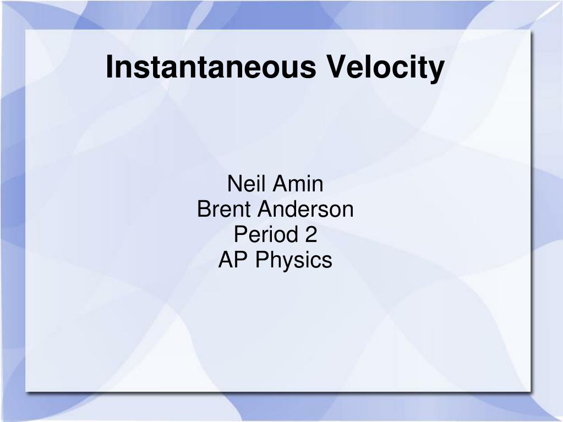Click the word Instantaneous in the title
[211, 67]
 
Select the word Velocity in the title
[385, 69]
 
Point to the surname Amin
[298, 184]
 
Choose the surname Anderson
[305, 209]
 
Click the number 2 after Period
[311, 234]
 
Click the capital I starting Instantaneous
[109, 67]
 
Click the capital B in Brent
[204, 209]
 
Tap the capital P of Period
[240, 234]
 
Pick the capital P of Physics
[262, 260]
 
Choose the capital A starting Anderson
[265, 209]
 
